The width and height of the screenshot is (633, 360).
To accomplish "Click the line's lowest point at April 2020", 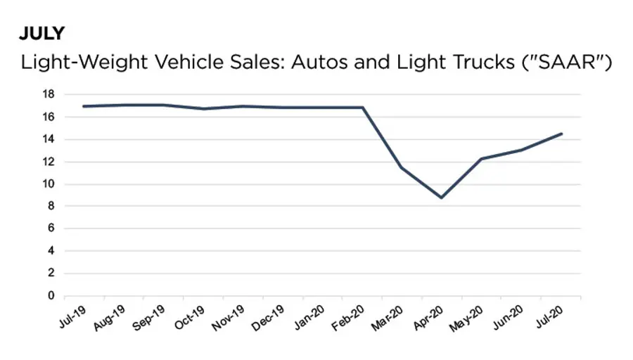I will click(x=442, y=198).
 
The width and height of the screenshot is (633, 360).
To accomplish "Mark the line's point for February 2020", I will click(x=362, y=108).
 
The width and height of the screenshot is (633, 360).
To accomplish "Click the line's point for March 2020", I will click(x=402, y=167).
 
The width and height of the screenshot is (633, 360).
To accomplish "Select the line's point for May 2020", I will click(x=482, y=159).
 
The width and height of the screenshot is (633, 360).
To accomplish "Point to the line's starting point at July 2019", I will click(x=82, y=106).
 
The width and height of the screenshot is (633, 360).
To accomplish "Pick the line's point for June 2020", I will click(x=521, y=150).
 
